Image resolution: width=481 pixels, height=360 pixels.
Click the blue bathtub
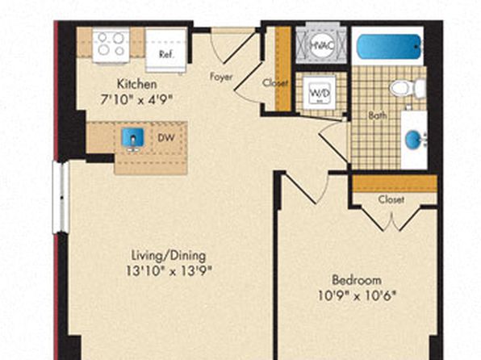[x=389, y=46]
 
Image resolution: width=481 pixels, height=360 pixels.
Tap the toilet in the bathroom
[x=408, y=89]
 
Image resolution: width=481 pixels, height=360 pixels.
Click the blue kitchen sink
[x=133, y=137]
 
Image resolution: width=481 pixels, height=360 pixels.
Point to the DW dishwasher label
[x=166, y=138]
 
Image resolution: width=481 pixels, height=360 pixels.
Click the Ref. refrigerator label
[x=166, y=55]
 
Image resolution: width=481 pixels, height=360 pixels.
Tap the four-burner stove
[x=111, y=45]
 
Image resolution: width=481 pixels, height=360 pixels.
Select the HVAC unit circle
[x=321, y=45]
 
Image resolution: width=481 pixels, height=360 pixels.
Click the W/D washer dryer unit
[x=320, y=92]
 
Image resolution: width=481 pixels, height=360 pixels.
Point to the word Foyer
[x=221, y=77]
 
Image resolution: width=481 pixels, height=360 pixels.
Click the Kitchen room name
[x=137, y=84]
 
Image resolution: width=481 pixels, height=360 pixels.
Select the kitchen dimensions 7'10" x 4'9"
[x=137, y=99]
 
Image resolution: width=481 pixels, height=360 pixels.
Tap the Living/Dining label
[x=169, y=255]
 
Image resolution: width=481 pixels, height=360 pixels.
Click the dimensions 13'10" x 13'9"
[x=169, y=271]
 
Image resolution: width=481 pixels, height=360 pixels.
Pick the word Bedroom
[x=357, y=280]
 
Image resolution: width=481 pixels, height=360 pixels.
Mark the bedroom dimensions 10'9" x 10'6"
[x=357, y=296]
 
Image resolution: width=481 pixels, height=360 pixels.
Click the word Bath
[x=378, y=115]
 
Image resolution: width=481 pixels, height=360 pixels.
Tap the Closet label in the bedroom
[x=391, y=200]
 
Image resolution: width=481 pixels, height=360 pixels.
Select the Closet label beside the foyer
[x=275, y=83]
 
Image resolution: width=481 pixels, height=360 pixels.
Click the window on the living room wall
[x=61, y=197]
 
